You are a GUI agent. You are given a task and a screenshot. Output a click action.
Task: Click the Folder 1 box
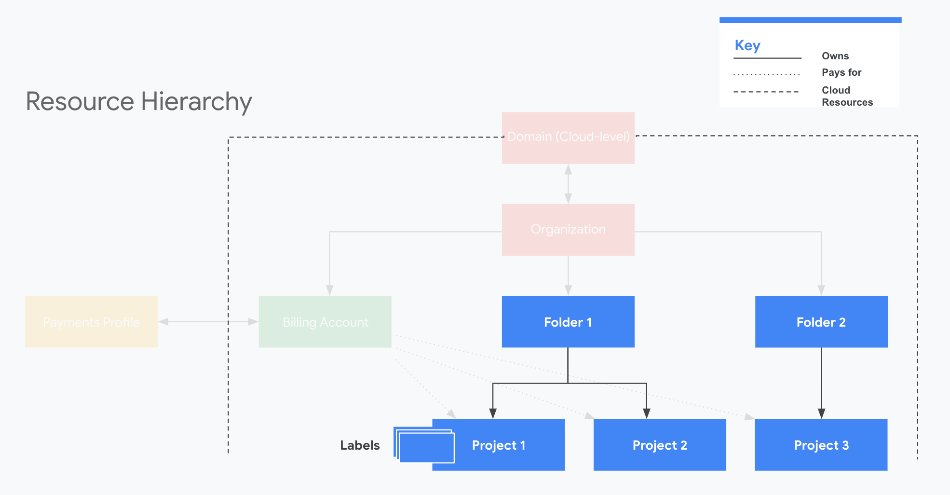568,322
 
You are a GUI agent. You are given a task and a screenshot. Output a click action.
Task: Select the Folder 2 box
821,322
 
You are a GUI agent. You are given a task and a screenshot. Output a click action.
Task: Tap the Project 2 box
659,445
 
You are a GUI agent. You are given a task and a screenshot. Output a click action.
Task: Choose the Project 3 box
821,445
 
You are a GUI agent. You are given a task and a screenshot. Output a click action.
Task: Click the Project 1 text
498,445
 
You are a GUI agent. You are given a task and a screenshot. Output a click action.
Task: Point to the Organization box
568,230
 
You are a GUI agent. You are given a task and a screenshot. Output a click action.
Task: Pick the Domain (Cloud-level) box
568,138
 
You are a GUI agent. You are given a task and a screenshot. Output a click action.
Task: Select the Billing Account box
325,322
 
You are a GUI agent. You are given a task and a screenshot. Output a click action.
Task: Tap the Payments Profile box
91,322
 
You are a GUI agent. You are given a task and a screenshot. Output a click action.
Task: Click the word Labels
360,445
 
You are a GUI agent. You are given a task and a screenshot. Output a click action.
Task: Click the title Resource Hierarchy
139,102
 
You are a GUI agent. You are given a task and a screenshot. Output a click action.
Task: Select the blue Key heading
747,45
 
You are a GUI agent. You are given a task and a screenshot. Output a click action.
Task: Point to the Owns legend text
835,56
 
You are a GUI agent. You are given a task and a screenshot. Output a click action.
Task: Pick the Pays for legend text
841,72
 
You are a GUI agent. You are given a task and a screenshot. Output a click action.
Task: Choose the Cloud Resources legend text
847,96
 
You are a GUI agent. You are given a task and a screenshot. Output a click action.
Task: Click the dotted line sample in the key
766,74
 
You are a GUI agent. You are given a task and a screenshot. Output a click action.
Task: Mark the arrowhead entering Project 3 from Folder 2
821,413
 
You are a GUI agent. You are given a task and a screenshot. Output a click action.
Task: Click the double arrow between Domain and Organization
568,184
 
